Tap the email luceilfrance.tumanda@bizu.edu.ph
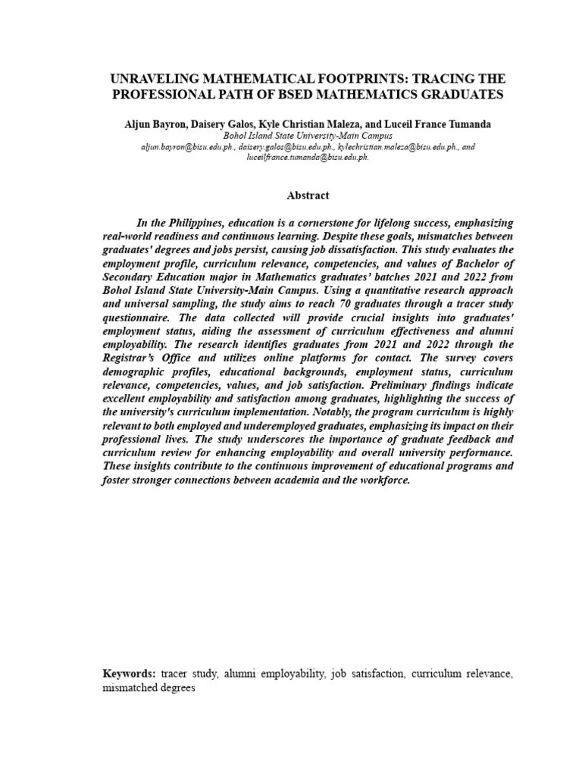pyautogui.click(x=308, y=157)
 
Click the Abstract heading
pyautogui.click(x=308, y=196)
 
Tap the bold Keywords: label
pyautogui.click(x=130, y=673)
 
